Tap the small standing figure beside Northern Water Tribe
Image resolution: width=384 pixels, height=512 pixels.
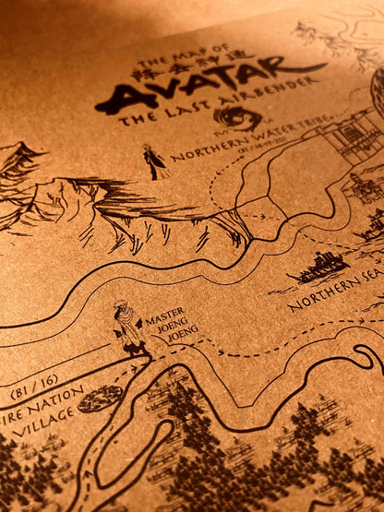coord(152,161)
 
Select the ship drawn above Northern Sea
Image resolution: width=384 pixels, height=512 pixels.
coord(319,268)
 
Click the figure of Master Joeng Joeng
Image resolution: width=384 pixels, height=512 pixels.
coord(127,328)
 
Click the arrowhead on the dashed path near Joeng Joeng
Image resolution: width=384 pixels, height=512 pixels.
coord(221,351)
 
